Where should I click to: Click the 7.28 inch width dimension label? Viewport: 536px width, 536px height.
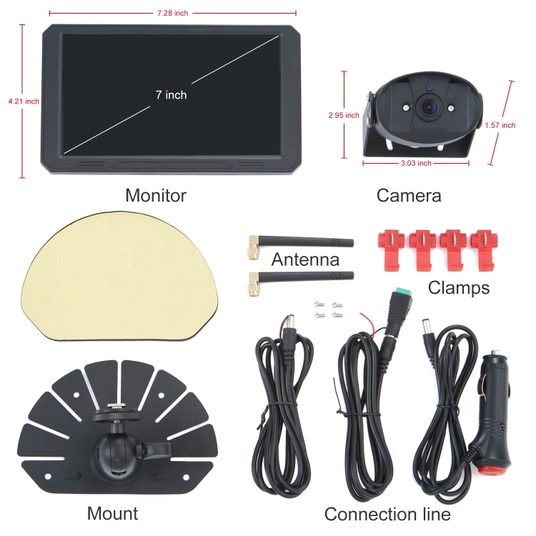(174, 13)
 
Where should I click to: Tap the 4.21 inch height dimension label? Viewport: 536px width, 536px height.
(23, 101)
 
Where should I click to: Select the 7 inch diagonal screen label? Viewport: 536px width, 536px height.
(171, 94)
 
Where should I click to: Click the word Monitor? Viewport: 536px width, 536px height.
(156, 195)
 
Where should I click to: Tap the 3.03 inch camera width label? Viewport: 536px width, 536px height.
(415, 164)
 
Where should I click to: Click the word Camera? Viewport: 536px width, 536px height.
(409, 195)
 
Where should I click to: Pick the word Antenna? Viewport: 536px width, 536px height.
(304, 259)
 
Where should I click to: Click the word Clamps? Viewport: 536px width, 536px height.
(459, 287)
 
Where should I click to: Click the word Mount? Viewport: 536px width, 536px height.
(112, 513)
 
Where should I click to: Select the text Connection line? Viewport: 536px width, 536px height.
(387, 514)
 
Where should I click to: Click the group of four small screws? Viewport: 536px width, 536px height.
(329, 308)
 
